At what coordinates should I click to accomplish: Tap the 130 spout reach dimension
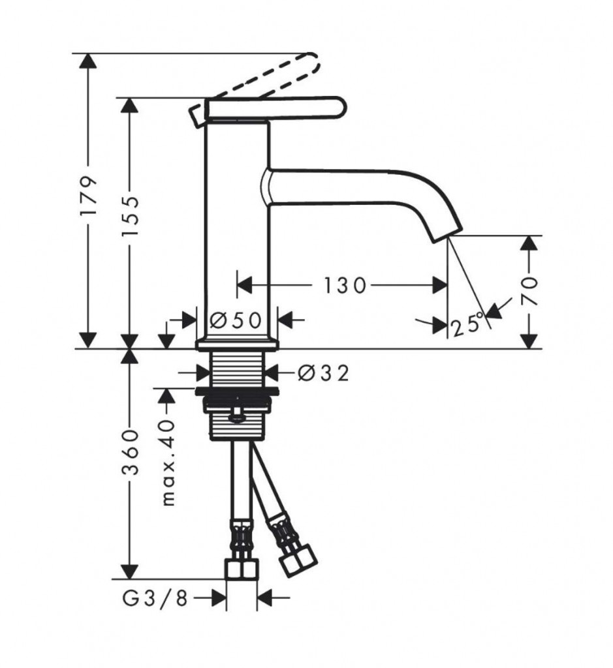[345, 286]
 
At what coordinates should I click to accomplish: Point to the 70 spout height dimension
[529, 291]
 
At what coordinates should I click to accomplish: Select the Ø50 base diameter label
[236, 320]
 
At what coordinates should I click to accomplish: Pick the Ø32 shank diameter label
[324, 374]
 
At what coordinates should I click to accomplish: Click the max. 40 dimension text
[168, 463]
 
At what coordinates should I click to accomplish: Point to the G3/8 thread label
[155, 598]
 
